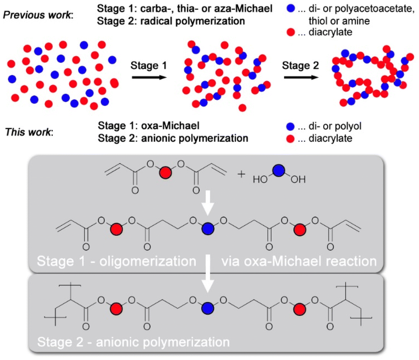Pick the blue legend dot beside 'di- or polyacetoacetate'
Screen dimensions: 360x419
tap(291, 8)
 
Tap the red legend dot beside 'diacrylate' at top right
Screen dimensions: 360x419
tap(291, 32)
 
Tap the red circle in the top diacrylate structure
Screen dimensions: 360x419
tap(165, 172)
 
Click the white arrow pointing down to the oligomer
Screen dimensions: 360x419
tap(208, 204)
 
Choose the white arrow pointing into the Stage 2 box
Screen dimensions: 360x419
tap(208, 278)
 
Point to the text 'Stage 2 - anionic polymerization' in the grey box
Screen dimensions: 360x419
tap(132, 343)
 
